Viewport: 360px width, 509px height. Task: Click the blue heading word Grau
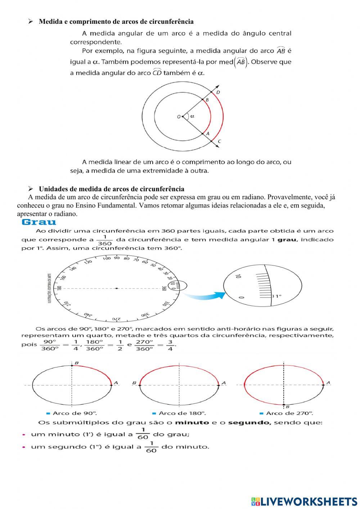39,222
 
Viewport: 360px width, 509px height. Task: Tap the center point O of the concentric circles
183,116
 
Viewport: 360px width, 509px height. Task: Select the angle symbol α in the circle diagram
192,116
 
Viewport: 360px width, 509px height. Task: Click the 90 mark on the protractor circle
117,258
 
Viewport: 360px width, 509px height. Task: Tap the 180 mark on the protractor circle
59,288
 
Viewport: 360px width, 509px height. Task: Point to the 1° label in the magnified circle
277,296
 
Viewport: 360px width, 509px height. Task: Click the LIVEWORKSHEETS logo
304,501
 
